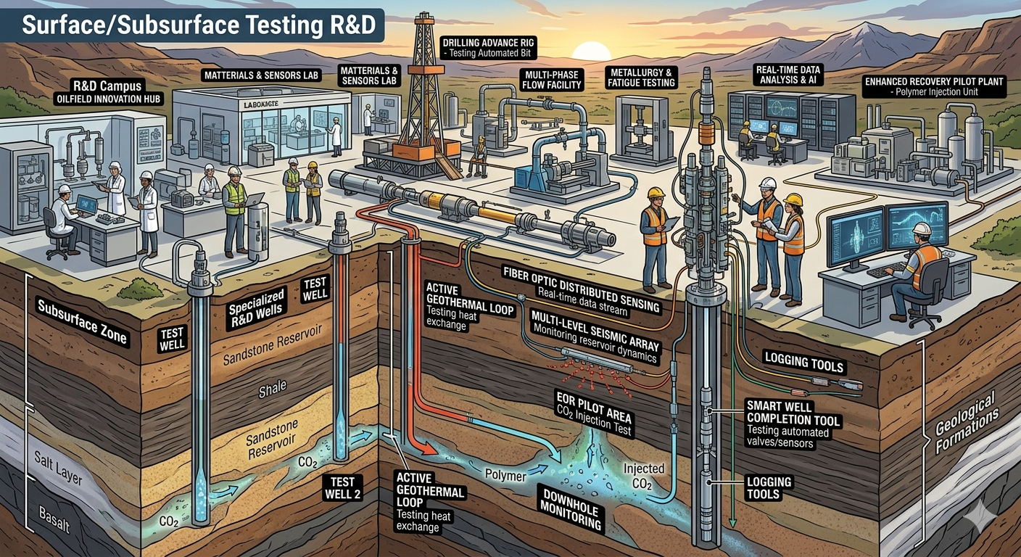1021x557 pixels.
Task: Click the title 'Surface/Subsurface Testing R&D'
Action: tap(199, 25)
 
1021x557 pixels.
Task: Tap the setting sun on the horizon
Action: tap(591, 51)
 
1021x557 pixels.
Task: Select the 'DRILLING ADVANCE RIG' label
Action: tap(488, 43)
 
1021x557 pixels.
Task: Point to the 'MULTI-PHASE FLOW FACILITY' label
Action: tap(552, 80)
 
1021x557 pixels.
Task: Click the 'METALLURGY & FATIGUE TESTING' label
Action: tap(641, 78)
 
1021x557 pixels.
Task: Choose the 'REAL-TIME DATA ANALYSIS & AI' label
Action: tap(788, 75)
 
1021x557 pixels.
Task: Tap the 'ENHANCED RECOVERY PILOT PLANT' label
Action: tap(934, 81)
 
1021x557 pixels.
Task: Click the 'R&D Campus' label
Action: tap(107, 86)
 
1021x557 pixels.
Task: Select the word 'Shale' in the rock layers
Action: tap(273, 389)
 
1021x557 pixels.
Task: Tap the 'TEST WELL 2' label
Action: tap(342, 487)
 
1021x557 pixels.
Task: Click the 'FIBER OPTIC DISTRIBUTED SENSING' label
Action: tap(581, 289)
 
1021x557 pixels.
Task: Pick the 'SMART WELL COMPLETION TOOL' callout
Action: tap(793, 413)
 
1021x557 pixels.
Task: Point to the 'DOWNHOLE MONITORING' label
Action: tap(571, 508)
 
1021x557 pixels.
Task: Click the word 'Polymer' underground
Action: tap(505, 476)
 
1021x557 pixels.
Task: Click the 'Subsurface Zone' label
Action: tap(82, 323)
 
